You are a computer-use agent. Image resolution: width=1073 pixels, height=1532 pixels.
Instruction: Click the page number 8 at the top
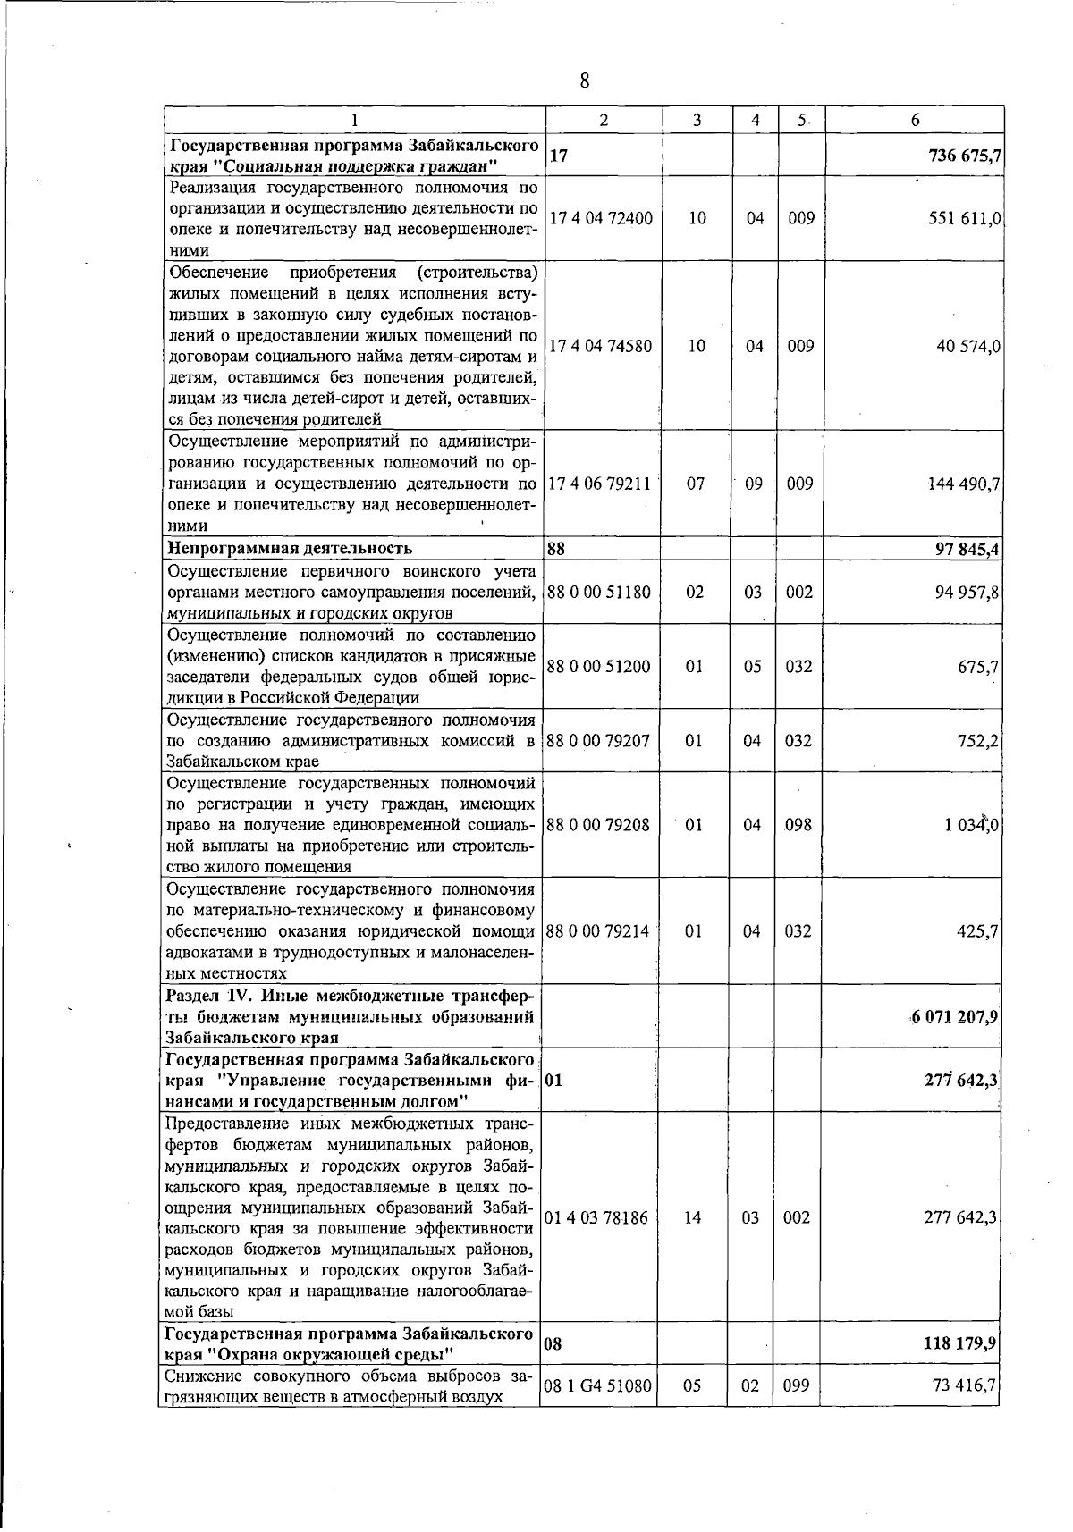585,81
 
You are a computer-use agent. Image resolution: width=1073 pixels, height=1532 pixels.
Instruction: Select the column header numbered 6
915,120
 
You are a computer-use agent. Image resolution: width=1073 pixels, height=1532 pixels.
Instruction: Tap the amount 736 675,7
964,156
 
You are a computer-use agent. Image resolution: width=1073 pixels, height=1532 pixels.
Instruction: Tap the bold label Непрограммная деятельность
291,548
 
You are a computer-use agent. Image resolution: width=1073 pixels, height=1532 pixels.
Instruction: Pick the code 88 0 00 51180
598,593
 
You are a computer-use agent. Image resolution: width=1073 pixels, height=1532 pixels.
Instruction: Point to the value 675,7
978,667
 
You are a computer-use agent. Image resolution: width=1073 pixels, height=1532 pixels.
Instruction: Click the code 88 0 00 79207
598,741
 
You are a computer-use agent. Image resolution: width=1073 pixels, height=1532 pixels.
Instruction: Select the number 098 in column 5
799,824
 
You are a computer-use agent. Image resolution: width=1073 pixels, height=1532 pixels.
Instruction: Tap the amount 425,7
978,931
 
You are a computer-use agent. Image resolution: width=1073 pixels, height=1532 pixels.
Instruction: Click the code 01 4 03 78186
596,1217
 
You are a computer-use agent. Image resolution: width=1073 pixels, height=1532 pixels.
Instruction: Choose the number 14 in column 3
694,1217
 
